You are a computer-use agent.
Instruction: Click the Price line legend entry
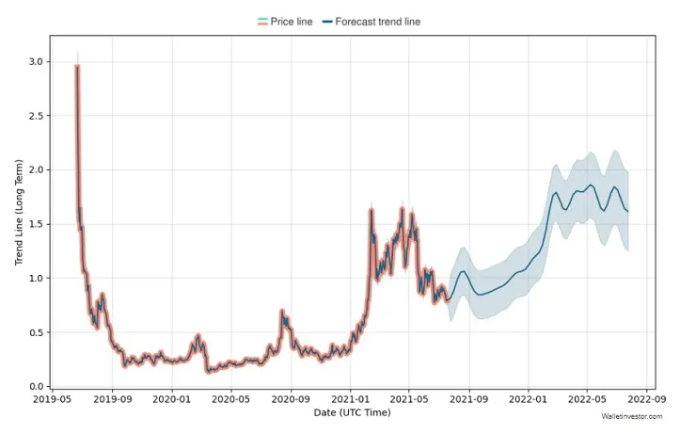tap(284, 22)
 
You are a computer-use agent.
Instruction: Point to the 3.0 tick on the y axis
tap(35, 61)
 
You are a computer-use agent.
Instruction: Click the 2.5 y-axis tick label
tap(35, 116)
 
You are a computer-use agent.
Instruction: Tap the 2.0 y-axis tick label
tap(35, 170)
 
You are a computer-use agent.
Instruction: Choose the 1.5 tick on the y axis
tap(35, 224)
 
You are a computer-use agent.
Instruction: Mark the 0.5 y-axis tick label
tap(35, 332)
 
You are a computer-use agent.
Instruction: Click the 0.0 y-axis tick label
tap(35, 387)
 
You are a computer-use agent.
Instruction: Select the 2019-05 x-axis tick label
tap(53, 400)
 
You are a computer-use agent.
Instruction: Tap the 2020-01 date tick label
tap(172, 400)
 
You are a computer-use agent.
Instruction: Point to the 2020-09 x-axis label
tap(291, 400)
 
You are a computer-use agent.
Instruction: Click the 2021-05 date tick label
tap(409, 400)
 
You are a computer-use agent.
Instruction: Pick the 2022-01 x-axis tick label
tap(528, 400)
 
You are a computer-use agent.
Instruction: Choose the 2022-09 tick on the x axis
tap(646, 400)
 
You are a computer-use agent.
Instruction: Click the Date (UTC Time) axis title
tap(352, 413)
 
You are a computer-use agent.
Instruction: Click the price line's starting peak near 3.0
tap(77, 66)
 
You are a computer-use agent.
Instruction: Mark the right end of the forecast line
tap(627, 211)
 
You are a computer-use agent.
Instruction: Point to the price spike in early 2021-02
tap(372, 210)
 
